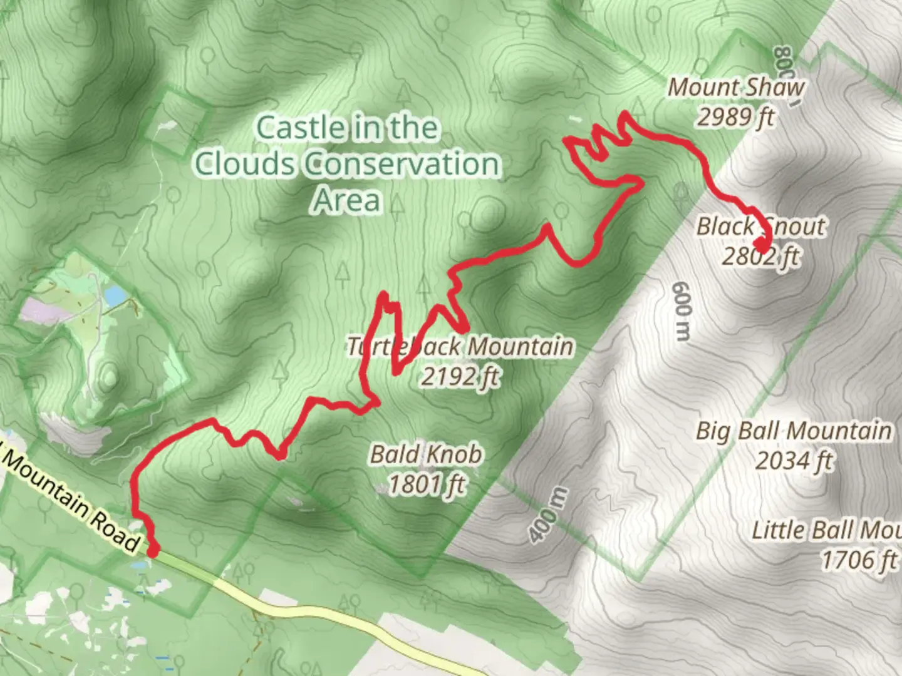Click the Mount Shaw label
[x=736, y=88]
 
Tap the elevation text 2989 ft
[x=736, y=117]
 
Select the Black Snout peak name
[x=761, y=226]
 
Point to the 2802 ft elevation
[x=760, y=256]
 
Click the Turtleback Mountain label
[x=460, y=346]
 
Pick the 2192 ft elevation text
[x=460, y=376]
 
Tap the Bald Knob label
[x=426, y=454]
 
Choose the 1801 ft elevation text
[x=426, y=484]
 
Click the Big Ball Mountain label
[x=794, y=431]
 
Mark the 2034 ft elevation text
[x=794, y=461]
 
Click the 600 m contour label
[x=682, y=311]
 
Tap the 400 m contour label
[x=548, y=515]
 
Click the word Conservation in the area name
[x=402, y=164]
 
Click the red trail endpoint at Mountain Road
[x=153, y=550]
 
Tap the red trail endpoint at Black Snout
[x=761, y=243]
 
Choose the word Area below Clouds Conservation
[x=346, y=200]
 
